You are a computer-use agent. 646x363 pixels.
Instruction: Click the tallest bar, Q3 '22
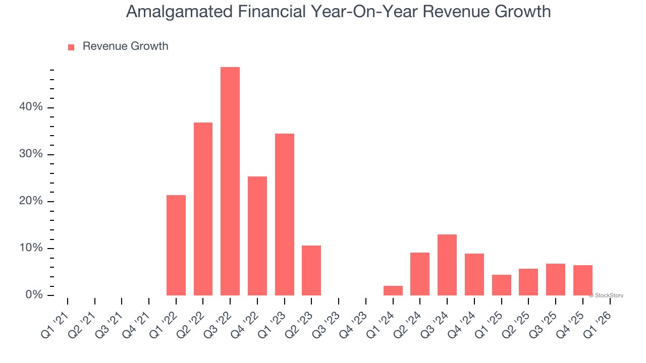point(230,181)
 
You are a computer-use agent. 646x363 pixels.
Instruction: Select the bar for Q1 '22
point(176,245)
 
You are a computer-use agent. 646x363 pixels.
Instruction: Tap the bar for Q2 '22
point(203,209)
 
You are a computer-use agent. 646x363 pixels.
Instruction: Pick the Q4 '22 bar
point(257,236)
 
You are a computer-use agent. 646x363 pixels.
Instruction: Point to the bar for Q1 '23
point(285,214)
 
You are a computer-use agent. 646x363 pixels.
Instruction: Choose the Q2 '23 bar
point(311,270)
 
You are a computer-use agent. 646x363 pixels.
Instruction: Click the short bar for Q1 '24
point(393,290)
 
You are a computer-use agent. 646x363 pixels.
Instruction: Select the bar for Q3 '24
point(447,265)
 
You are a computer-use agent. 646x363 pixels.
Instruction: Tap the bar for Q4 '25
point(583,280)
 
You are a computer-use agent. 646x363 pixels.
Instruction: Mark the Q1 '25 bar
point(502,285)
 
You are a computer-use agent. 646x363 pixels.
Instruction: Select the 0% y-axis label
point(35,295)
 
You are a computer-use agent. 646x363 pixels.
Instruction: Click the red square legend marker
point(71,47)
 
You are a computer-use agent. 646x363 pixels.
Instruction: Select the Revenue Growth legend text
point(125,46)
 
